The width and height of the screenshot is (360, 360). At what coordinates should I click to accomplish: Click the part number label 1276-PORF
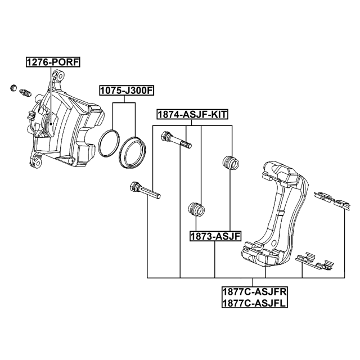[53, 62]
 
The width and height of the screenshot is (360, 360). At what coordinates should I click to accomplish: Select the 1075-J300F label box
[127, 91]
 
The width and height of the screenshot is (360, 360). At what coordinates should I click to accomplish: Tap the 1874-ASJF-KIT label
[192, 114]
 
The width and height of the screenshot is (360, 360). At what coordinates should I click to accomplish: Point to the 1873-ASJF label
[215, 236]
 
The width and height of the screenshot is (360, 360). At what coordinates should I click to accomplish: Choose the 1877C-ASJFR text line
[255, 292]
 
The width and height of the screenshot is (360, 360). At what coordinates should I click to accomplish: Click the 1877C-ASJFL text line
[254, 303]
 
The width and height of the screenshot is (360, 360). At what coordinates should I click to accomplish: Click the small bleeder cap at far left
[13, 88]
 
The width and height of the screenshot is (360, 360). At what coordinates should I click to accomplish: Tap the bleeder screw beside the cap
[25, 93]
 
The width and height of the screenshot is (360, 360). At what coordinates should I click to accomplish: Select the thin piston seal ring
[109, 143]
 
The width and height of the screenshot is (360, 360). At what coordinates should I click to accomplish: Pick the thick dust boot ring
[133, 152]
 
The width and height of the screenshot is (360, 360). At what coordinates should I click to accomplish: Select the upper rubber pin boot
[231, 163]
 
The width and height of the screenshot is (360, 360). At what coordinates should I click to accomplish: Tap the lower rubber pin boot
[196, 209]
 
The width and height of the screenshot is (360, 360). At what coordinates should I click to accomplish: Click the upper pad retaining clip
[332, 200]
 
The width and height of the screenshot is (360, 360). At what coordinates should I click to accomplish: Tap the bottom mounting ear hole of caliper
[38, 163]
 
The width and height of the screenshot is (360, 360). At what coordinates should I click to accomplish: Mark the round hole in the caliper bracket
[274, 244]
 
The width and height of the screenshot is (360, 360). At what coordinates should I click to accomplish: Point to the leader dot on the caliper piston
[51, 124]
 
